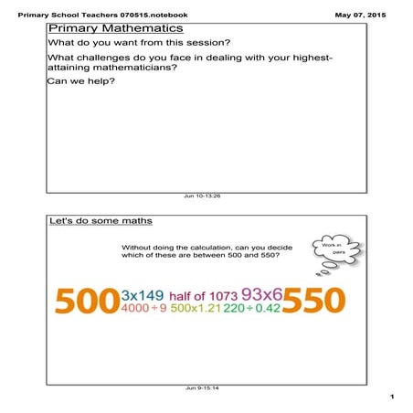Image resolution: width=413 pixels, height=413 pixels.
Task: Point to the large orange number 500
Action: pyautogui.click(x=87, y=301)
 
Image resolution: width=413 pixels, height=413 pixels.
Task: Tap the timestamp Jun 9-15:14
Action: pyautogui.click(x=202, y=388)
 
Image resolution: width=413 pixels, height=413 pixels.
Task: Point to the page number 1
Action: pyautogui.click(x=389, y=397)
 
